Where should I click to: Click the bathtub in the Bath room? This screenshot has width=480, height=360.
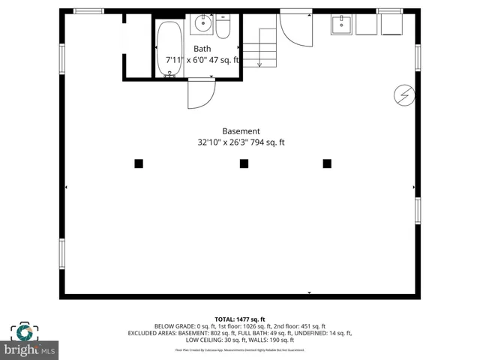169,49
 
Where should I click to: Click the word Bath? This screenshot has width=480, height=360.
202,48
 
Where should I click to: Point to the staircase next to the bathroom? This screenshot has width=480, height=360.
266,46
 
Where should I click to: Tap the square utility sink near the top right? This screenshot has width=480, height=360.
341,25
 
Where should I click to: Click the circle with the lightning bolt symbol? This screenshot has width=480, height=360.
403,94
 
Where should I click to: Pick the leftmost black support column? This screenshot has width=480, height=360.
139,163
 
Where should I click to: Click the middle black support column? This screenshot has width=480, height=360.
244,163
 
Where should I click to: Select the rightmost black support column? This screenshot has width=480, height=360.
327,163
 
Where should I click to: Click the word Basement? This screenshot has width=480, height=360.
241,130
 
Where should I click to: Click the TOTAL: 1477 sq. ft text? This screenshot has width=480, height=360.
240,319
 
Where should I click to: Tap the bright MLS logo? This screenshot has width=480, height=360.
30,349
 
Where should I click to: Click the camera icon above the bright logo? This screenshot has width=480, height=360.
25,332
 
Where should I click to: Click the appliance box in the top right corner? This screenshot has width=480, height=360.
391,25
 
